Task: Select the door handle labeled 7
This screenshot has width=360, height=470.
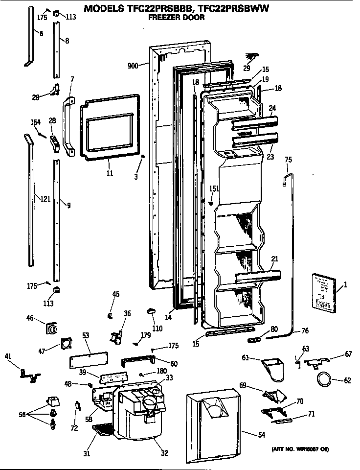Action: (x=67, y=126)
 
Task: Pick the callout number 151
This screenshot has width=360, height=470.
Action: (x=214, y=188)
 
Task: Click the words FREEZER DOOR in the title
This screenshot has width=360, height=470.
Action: (x=177, y=18)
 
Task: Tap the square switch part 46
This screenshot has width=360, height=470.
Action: (x=50, y=329)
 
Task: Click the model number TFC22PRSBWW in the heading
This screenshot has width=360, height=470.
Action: (x=228, y=9)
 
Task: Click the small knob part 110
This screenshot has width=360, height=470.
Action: (x=152, y=311)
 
